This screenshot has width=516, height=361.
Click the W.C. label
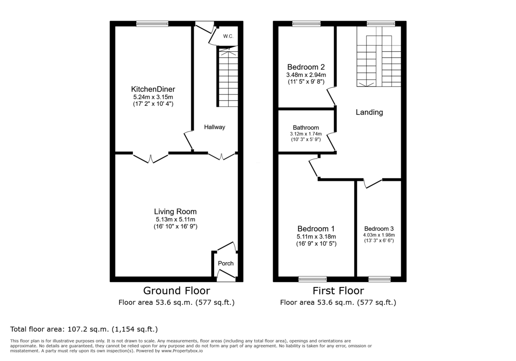[x=228, y=37]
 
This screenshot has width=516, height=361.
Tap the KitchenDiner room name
[x=153, y=89]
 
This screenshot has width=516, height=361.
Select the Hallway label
[x=214, y=127]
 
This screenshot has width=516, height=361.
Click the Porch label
[x=226, y=263]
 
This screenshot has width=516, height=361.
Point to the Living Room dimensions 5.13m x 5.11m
[x=175, y=220]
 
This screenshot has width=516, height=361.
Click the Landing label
[x=369, y=113]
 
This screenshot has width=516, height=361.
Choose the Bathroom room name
[x=306, y=128]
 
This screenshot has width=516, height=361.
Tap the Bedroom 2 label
[x=306, y=67]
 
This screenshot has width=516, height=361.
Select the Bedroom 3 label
[x=379, y=229]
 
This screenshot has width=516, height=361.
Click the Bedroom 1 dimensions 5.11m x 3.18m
[x=316, y=237]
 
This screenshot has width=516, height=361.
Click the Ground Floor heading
[x=176, y=291]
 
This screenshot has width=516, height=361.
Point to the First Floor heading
[x=338, y=291]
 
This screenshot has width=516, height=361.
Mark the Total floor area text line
[x=84, y=330]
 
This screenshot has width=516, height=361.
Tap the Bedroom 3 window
[x=379, y=279]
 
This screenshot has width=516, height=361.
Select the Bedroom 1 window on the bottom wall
[x=313, y=279]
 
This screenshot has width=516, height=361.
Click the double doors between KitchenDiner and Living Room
[x=150, y=158]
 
